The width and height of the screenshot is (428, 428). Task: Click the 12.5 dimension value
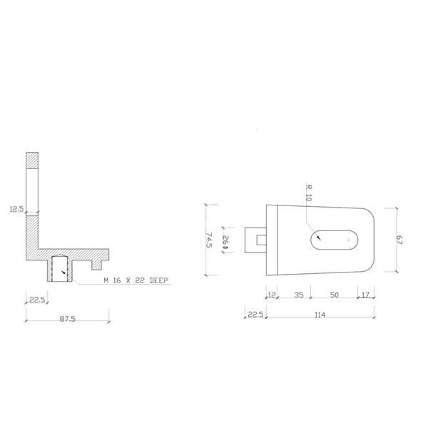[x=17, y=209]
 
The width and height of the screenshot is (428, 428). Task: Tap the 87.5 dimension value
[x=68, y=319]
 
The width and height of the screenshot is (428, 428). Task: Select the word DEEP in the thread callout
[x=159, y=280]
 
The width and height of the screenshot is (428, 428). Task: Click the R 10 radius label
[x=309, y=193]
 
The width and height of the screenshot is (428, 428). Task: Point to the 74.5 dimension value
[x=209, y=240]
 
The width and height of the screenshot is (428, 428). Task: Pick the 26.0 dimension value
[x=225, y=242]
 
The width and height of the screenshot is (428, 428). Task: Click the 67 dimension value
[x=399, y=240]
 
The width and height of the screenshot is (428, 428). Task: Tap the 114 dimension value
[x=320, y=315]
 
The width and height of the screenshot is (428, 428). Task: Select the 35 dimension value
[x=299, y=295]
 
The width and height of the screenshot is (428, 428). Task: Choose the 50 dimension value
[x=335, y=295]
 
